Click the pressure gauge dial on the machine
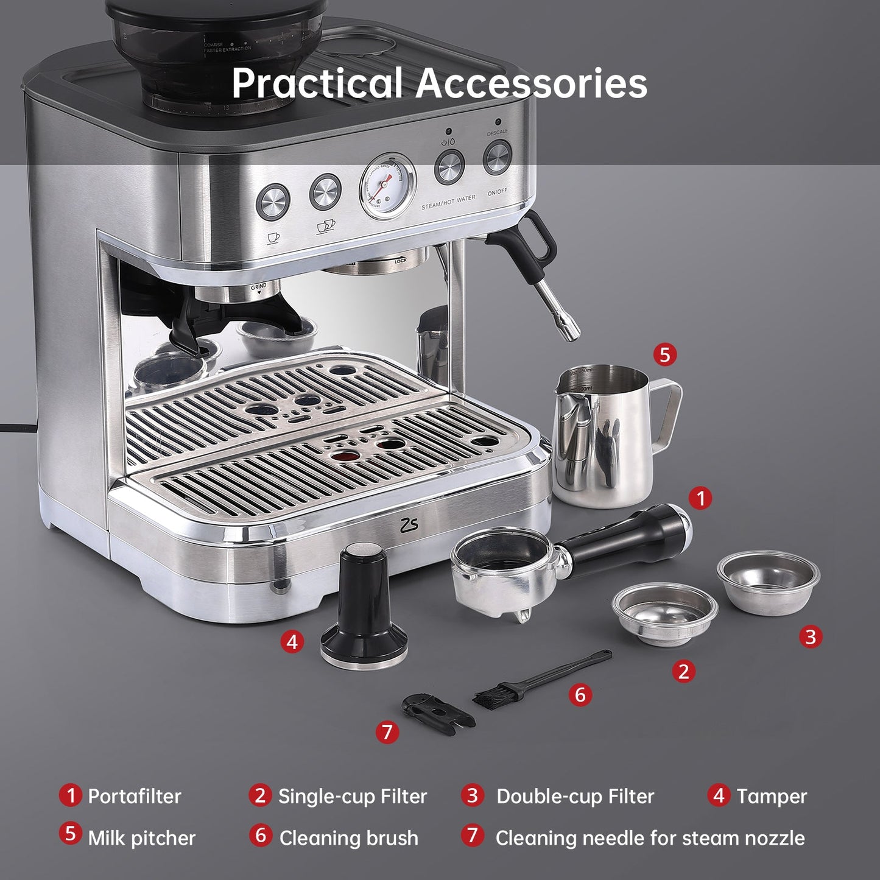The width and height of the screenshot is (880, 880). click(387, 185)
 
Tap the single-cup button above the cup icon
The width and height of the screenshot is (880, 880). click(273, 201)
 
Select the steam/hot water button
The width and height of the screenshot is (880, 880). click(449, 167)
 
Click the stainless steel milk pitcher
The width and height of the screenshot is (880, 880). click(600, 435)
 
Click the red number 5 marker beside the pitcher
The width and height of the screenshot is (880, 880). click(664, 354)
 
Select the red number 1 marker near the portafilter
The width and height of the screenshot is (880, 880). click(700, 498)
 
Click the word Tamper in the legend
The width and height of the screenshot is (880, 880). click(772, 796)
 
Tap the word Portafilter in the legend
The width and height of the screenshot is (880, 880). click(135, 796)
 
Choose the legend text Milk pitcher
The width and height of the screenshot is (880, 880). click(141, 838)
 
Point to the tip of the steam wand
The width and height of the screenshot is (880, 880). click(571, 334)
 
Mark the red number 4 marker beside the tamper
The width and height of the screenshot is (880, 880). click(292, 641)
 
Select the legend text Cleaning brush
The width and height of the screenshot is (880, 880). click(348, 838)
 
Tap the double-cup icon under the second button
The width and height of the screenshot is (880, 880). click(326, 227)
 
